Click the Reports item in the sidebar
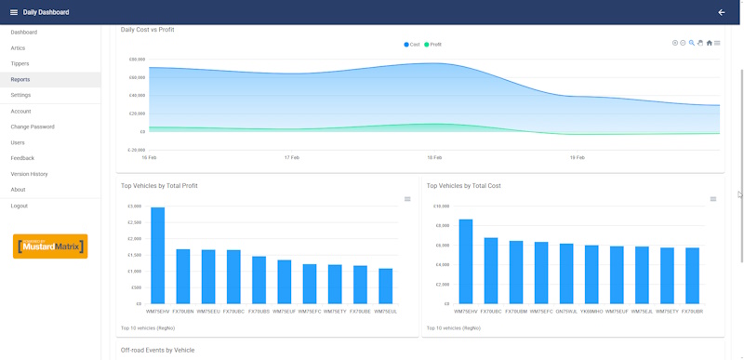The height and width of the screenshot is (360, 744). click(x=20, y=79)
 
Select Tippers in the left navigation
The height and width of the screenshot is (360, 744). click(x=20, y=63)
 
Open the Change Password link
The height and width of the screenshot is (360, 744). click(x=33, y=127)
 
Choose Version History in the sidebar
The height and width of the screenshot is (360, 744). click(x=29, y=174)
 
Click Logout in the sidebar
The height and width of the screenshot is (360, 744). click(x=20, y=206)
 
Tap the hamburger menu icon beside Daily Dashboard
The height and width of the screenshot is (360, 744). click(x=13, y=12)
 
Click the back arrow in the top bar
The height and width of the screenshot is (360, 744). click(x=722, y=12)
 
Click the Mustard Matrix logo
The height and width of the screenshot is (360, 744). click(x=50, y=247)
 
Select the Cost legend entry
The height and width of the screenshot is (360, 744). click(x=412, y=44)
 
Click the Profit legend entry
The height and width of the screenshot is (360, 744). click(x=432, y=44)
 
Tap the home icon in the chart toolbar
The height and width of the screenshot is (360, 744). click(x=710, y=43)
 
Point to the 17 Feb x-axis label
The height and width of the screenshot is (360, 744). click(x=292, y=157)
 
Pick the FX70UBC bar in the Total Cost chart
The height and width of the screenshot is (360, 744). click(x=491, y=271)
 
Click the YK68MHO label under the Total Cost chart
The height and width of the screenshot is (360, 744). click(x=591, y=312)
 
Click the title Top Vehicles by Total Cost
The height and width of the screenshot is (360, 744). click(x=463, y=186)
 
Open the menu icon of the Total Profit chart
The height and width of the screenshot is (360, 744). click(x=407, y=199)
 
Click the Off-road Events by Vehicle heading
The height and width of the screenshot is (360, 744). click(x=157, y=350)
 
